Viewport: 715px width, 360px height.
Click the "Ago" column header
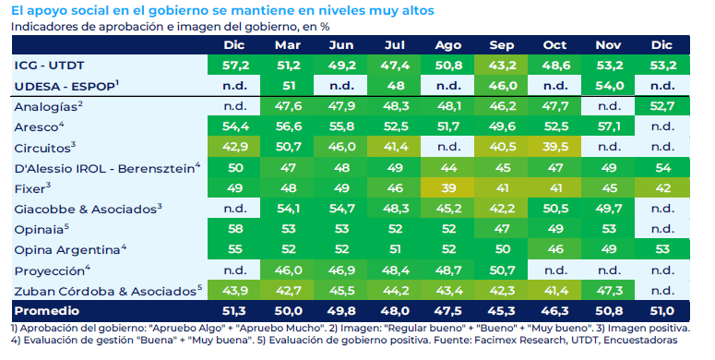(448, 45)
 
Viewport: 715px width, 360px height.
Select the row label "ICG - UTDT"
(49, 66)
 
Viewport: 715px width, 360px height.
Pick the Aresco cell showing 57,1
(608, 126)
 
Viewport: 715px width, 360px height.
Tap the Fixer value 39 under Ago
(448, 188)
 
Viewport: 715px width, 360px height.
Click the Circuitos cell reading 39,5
(555, 147)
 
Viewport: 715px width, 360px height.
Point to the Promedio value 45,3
(502, 311)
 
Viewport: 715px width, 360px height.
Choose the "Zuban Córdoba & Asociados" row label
(108, 291)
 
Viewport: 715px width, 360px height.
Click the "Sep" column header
(502, 45)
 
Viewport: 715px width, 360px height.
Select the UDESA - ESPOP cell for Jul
(395, 86)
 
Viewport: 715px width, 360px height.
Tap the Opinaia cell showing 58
(235, 229)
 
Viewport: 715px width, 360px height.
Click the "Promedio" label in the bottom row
(46, 311)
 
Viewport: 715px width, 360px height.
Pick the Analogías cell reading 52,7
(661, 106)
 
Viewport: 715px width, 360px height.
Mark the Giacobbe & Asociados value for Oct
(555, 209)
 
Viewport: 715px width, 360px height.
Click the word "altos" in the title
(418, 10)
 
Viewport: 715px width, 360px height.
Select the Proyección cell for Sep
(502, 270)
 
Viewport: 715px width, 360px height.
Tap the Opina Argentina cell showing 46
(555, 249)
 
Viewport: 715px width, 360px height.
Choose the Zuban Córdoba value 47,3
(608, 291)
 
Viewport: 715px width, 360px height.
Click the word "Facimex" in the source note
(494, 341)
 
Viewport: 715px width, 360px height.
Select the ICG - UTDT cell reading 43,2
(502, 66)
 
